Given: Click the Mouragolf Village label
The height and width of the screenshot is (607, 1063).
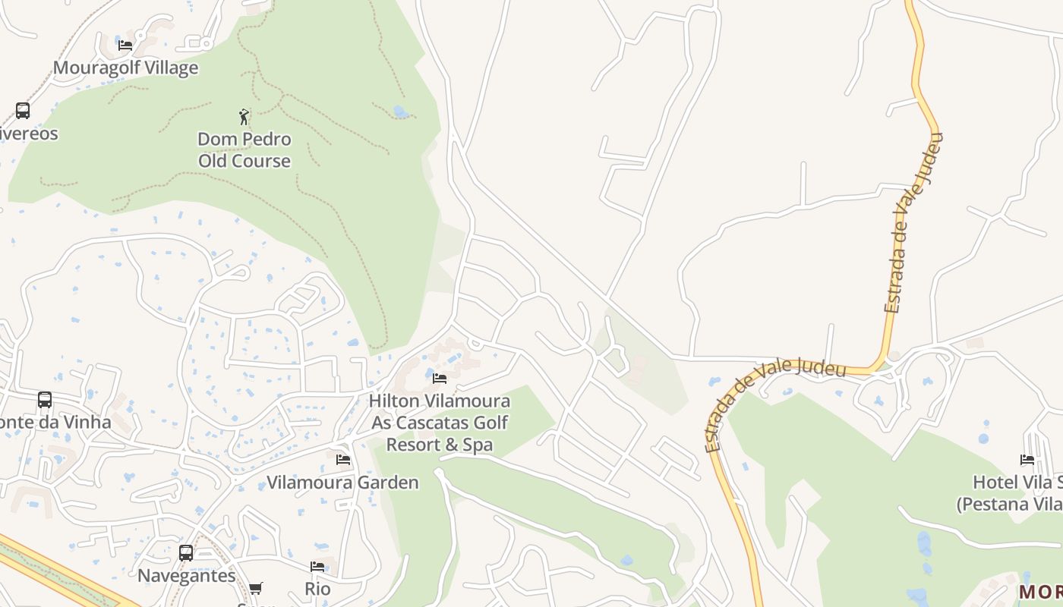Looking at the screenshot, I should (x=125, y=68).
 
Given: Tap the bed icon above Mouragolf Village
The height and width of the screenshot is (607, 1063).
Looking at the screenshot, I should (x=125, y=46).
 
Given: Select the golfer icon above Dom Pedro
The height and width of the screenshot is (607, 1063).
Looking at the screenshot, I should (x=244, y=117).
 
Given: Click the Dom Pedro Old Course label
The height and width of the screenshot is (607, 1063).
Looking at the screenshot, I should (x=244, y=150).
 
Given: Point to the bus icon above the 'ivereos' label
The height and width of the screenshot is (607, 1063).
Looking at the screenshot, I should (x=23, y=111).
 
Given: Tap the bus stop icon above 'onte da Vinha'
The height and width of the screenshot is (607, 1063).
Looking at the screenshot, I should (x=45, y=400).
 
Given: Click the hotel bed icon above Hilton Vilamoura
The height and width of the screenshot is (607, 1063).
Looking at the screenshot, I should (x=440, y=379).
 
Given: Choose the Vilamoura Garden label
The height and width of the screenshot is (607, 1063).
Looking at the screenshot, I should (x=342, y=483).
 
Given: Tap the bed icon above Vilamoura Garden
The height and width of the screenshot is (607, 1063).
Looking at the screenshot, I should (x=343, y=460).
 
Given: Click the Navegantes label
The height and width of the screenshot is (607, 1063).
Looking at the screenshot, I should (x=187, y=575).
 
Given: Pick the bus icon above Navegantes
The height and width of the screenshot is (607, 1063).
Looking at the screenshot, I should (x=186, y=553).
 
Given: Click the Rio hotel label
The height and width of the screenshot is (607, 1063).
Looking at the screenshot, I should (x=317, y=589).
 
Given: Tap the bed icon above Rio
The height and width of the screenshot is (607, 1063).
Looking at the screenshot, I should (x=317, y=567).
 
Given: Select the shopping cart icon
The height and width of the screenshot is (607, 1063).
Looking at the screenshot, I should (x=256, y=588).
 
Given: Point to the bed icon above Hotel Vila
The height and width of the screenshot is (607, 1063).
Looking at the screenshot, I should (x=1027, y=460).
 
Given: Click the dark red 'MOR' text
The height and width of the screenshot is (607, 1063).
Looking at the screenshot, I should (x=1040, y=592).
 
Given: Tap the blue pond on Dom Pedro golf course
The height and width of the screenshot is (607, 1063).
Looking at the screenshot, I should (x=400, y=112).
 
